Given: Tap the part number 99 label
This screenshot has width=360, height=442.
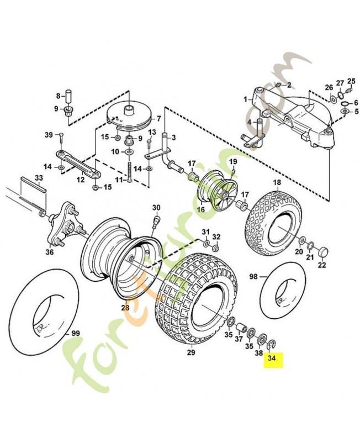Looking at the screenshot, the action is point(76,334).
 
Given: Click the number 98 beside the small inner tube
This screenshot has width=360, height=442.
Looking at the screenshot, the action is point(253,277).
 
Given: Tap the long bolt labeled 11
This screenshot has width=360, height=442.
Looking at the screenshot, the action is point(129,172).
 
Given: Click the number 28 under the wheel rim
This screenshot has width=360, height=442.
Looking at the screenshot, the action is point(125,308).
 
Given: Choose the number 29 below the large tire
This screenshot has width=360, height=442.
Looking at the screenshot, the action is point(191,352).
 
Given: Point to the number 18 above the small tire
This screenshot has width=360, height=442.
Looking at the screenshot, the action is point(277,183).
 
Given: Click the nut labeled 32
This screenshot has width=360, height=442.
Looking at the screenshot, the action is point(216,249).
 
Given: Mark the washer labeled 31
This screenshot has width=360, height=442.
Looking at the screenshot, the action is point(206,243).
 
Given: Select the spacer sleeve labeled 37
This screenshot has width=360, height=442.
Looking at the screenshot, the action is point(241,328).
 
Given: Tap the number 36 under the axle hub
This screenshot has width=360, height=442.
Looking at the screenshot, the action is point(50,252).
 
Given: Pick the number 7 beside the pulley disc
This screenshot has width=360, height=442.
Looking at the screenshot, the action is point(158,119).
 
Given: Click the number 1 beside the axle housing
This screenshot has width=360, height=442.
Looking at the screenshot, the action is point(245,99).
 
